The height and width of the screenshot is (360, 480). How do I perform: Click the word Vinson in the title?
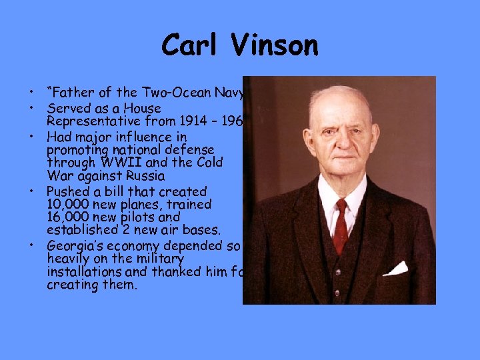[276, 45]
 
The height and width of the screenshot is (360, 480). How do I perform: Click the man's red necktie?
[341, 226]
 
